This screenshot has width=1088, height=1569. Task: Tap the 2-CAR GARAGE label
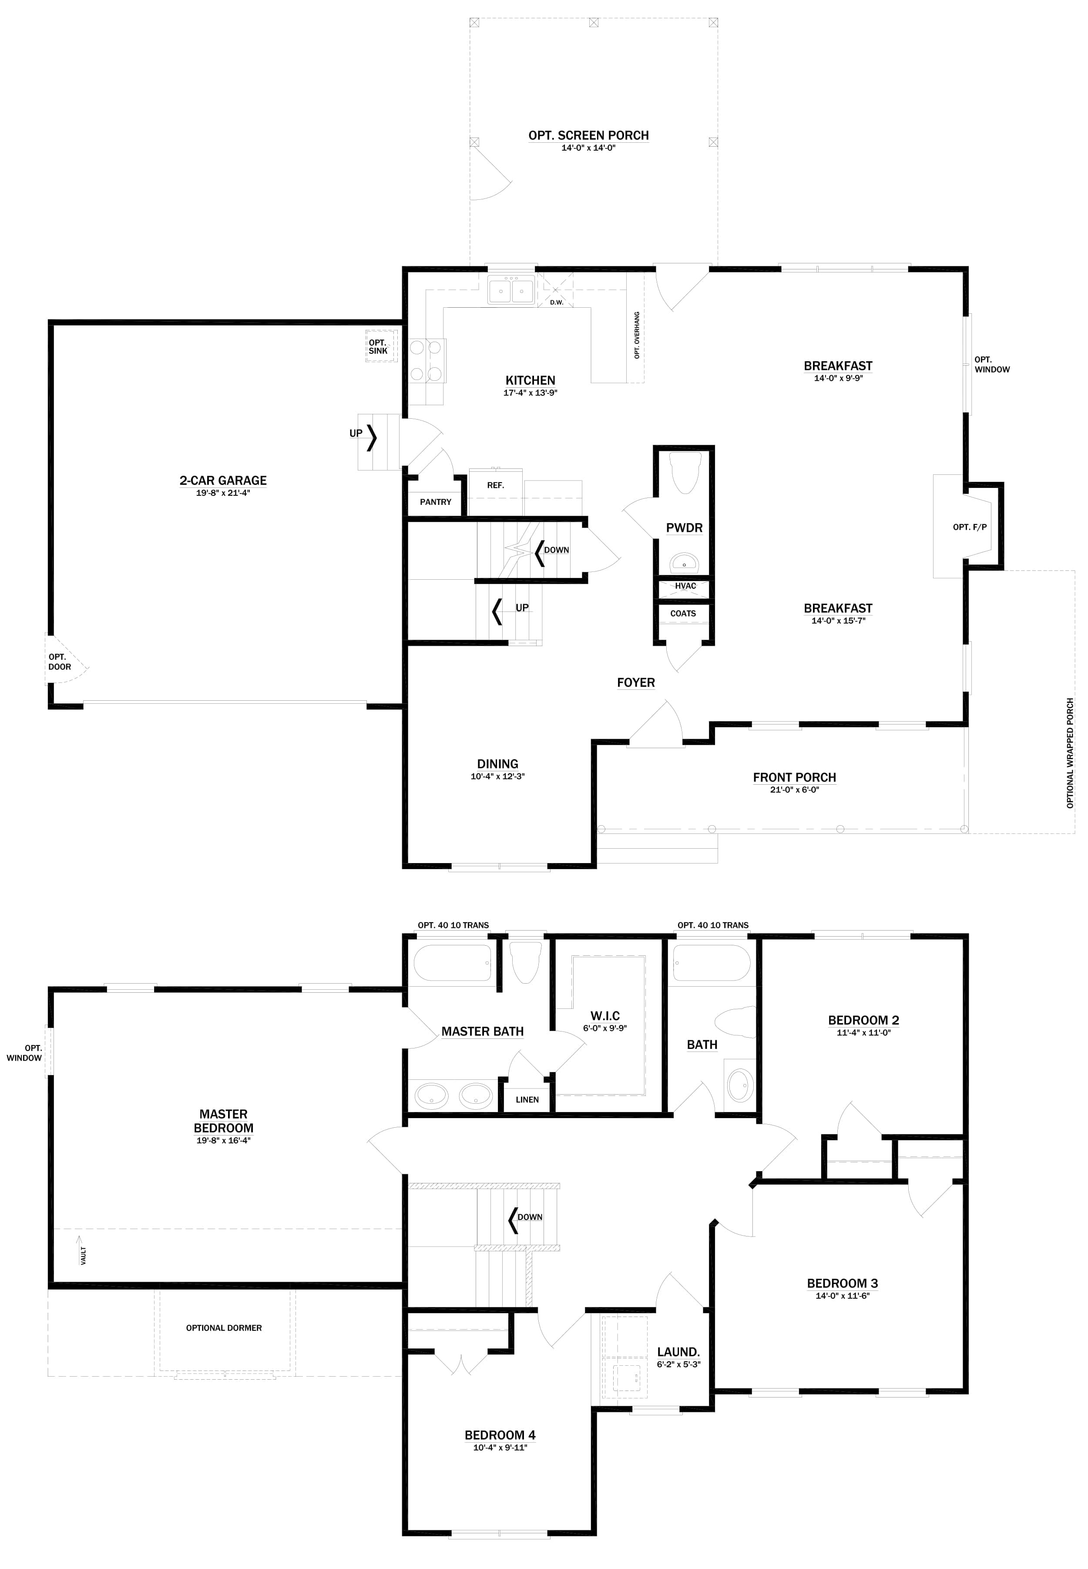(223, 480)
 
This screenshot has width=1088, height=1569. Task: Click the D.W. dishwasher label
(556, 302)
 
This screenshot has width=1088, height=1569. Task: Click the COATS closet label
(683, 613)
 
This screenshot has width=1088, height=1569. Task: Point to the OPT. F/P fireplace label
(969, 527)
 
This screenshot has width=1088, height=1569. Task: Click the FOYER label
(635, 683)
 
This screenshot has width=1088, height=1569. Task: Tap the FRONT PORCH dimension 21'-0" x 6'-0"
(794, 790)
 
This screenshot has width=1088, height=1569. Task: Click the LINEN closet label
(527, 1099)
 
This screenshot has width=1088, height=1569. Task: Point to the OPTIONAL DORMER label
(224, 1328)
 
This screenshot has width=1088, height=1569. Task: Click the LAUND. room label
(678, 1352)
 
